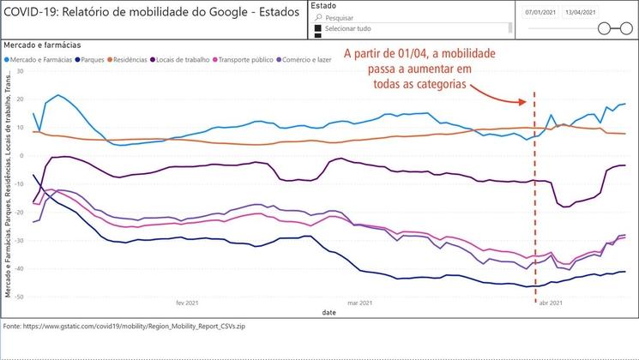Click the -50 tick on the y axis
click(20, 297)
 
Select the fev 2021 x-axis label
click(186, 303)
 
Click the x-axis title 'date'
click(329, 313)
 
